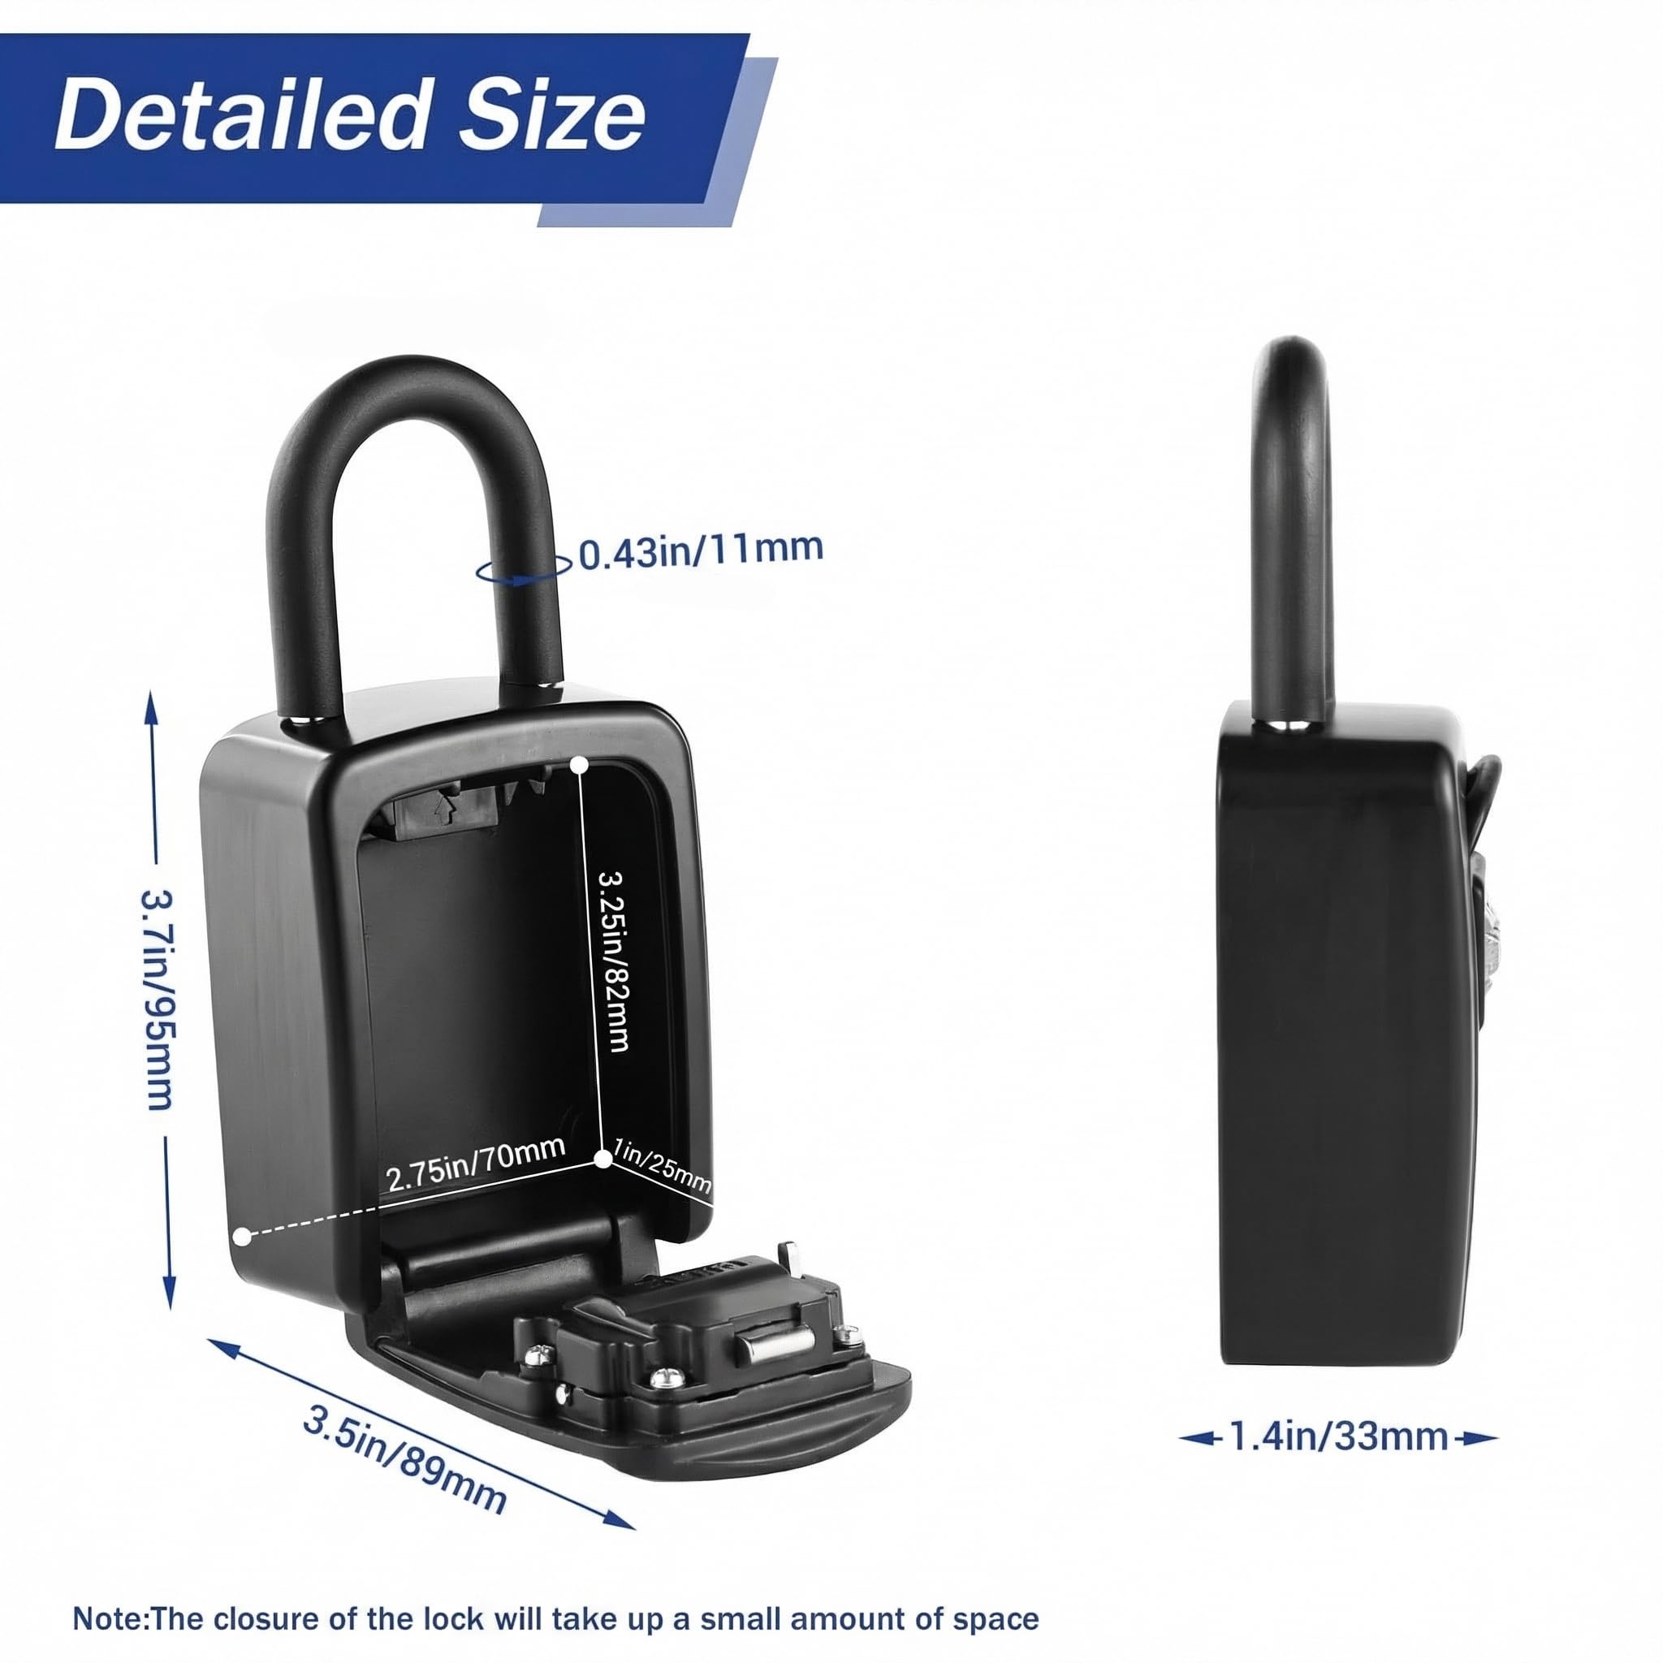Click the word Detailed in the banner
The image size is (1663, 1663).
coord(241,114)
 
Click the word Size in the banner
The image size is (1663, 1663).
coord(551,114)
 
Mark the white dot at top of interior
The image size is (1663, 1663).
coord(580,763)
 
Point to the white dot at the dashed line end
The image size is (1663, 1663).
coord(242,1236)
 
